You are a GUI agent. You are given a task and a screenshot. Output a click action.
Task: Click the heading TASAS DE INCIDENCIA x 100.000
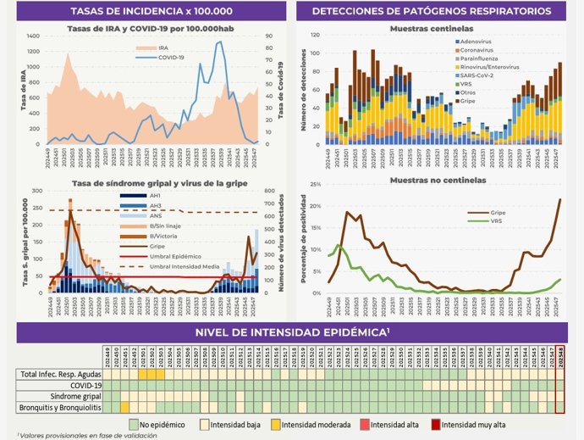(x=146, y=11)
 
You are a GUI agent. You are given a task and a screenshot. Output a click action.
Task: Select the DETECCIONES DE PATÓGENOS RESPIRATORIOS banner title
(x=438, y=11)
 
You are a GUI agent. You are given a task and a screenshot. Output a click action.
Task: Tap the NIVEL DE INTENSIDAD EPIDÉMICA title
(x=291, y=331)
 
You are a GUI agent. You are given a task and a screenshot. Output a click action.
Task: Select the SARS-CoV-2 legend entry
(x=482, y=75)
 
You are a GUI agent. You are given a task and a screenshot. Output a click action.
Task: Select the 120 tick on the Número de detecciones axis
(x=315, y=36)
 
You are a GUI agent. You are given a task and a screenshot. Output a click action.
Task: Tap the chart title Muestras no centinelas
(x=437, y=180)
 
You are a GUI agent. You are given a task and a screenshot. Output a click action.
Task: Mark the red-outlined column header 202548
(x=559, y=357)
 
